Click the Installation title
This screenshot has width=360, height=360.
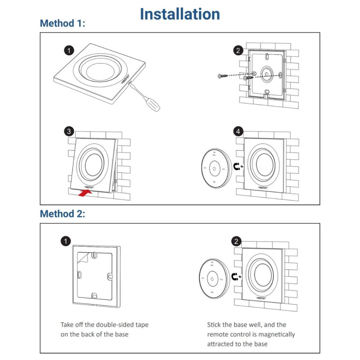[180, 14]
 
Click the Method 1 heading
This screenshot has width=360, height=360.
[63, 23]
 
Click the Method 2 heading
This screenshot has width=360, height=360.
[63, 214]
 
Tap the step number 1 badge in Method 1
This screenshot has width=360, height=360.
[68, 50]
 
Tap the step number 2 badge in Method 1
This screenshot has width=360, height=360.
[238, 50]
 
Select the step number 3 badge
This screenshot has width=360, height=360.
[68, 131]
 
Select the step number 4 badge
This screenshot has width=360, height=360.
[238, 131]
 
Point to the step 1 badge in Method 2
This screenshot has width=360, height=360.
[66, 241]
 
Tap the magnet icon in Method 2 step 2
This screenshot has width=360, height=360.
[235, 276]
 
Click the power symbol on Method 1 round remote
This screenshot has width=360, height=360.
[215, 169]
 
